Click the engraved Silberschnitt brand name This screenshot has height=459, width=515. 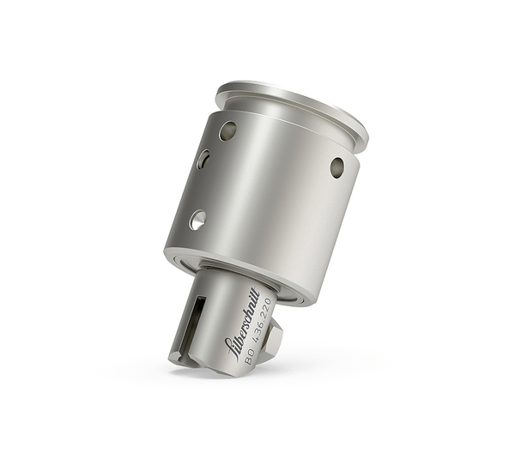click(x=241, y=322)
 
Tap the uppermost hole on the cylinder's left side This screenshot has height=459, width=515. click(x=227, y=130)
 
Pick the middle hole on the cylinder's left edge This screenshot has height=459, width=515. click(x=203, y=160)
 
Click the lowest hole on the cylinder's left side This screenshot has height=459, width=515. click(x=197, y=220)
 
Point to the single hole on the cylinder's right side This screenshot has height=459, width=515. click(x=336, y=166)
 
